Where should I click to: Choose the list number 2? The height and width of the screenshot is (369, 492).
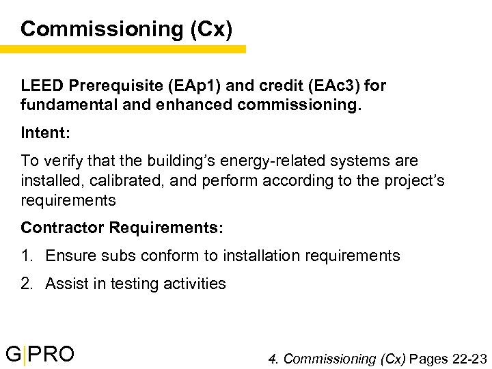[27, 284]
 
